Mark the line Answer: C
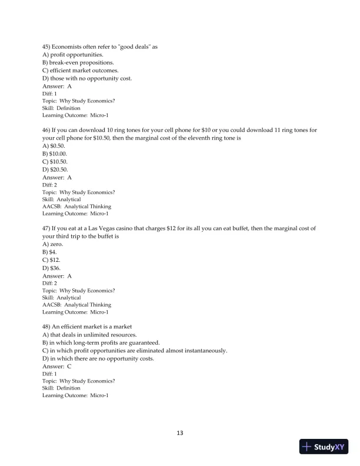56,366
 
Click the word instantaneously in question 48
203,350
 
